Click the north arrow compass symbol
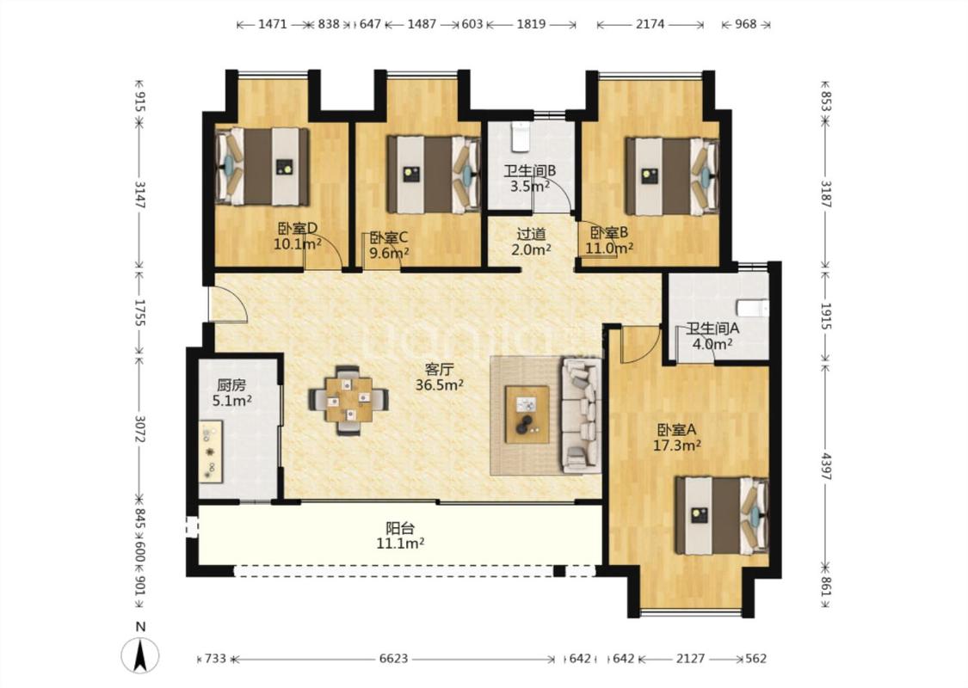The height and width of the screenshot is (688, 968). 141,654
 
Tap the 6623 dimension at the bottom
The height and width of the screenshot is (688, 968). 393,659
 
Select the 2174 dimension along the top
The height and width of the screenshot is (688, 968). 650,24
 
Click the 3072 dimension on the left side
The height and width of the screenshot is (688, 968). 141,428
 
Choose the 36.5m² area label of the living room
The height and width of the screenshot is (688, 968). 440,385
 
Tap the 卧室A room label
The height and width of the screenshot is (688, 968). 676,429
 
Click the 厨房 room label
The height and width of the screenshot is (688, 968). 231,385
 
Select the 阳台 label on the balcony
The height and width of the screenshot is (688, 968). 400,528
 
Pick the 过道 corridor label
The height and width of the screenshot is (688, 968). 531,234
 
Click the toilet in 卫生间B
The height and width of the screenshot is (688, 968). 521,137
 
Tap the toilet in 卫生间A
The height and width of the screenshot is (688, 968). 753,308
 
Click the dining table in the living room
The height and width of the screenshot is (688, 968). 348,401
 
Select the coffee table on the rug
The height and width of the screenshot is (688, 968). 527,414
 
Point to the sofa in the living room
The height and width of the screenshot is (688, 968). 581,416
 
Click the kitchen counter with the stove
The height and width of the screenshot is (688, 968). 211,451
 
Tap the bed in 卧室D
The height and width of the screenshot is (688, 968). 262,167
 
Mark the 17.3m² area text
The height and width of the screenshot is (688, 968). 676,445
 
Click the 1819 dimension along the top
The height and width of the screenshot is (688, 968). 531,24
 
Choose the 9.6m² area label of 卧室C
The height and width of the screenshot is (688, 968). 390,252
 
